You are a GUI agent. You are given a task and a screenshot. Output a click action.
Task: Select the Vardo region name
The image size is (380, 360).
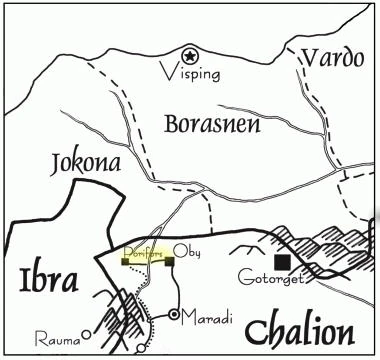[335, 57]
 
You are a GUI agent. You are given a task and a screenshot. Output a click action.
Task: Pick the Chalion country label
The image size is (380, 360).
[300, 331]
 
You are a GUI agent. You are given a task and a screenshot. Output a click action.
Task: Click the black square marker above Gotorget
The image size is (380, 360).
[284, 261]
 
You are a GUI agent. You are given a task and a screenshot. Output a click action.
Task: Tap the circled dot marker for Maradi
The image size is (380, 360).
[174, 316]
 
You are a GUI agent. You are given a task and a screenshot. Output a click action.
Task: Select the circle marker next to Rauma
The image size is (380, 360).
[87, 333]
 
